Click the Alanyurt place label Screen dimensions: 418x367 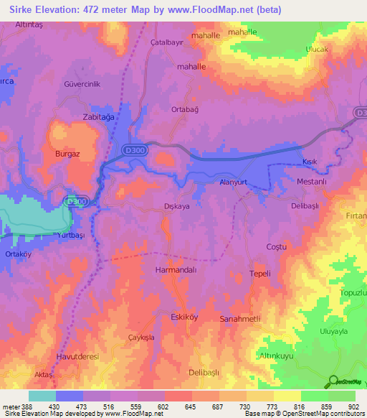[x=233, y=183]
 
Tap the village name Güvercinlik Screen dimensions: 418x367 [x=85, y=83]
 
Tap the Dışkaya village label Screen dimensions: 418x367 [x=176, y=206]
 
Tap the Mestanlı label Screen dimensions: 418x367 [x=312, y=182]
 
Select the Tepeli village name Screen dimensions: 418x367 [x=259, y=274]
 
